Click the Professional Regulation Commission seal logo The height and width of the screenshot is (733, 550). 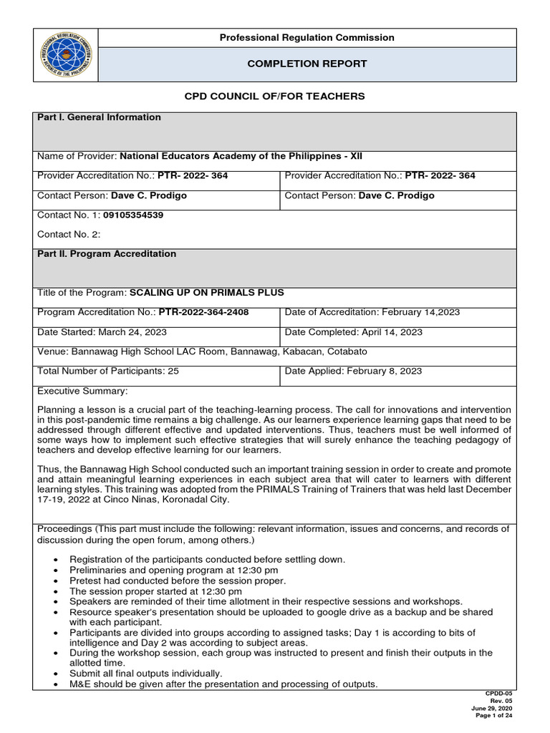[65, 55]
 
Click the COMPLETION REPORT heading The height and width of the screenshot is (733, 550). [307, 64]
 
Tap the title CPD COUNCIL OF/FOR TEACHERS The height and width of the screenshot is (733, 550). [275, 96]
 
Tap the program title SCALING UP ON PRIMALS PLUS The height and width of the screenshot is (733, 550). [206, 293]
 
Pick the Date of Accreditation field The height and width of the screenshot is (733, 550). [372, 312]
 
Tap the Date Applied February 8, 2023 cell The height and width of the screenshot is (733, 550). [353, 371]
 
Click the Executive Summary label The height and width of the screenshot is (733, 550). [82, 391]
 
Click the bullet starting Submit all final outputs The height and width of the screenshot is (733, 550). [145, 673]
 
